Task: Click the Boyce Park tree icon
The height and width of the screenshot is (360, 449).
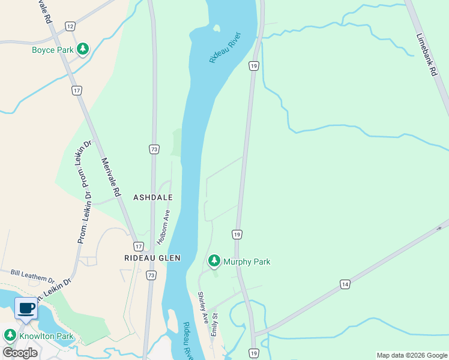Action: (83, 49)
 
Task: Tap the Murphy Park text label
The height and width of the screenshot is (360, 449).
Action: (247, 262)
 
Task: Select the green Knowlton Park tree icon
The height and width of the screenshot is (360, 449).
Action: (10, 335)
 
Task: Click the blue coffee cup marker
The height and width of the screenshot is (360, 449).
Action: (26, 308)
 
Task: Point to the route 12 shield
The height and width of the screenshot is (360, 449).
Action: (70, 26)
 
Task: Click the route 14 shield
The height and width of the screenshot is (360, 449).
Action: (344, 284)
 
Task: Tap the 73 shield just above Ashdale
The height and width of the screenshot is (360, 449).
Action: (154, 149)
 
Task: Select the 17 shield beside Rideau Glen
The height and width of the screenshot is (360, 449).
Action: (139, 247)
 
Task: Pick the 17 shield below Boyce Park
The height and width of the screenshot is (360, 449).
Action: (76, 91)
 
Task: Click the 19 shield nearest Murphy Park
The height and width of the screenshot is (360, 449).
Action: (237, 234)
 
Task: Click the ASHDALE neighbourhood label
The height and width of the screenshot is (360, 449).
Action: (153, 197)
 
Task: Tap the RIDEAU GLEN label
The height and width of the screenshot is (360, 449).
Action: (152, 258)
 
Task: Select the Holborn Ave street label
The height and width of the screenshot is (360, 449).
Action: (164, 226)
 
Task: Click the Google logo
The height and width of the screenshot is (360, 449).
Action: (20, 353)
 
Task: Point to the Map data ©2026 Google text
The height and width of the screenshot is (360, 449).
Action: (412, 355)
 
